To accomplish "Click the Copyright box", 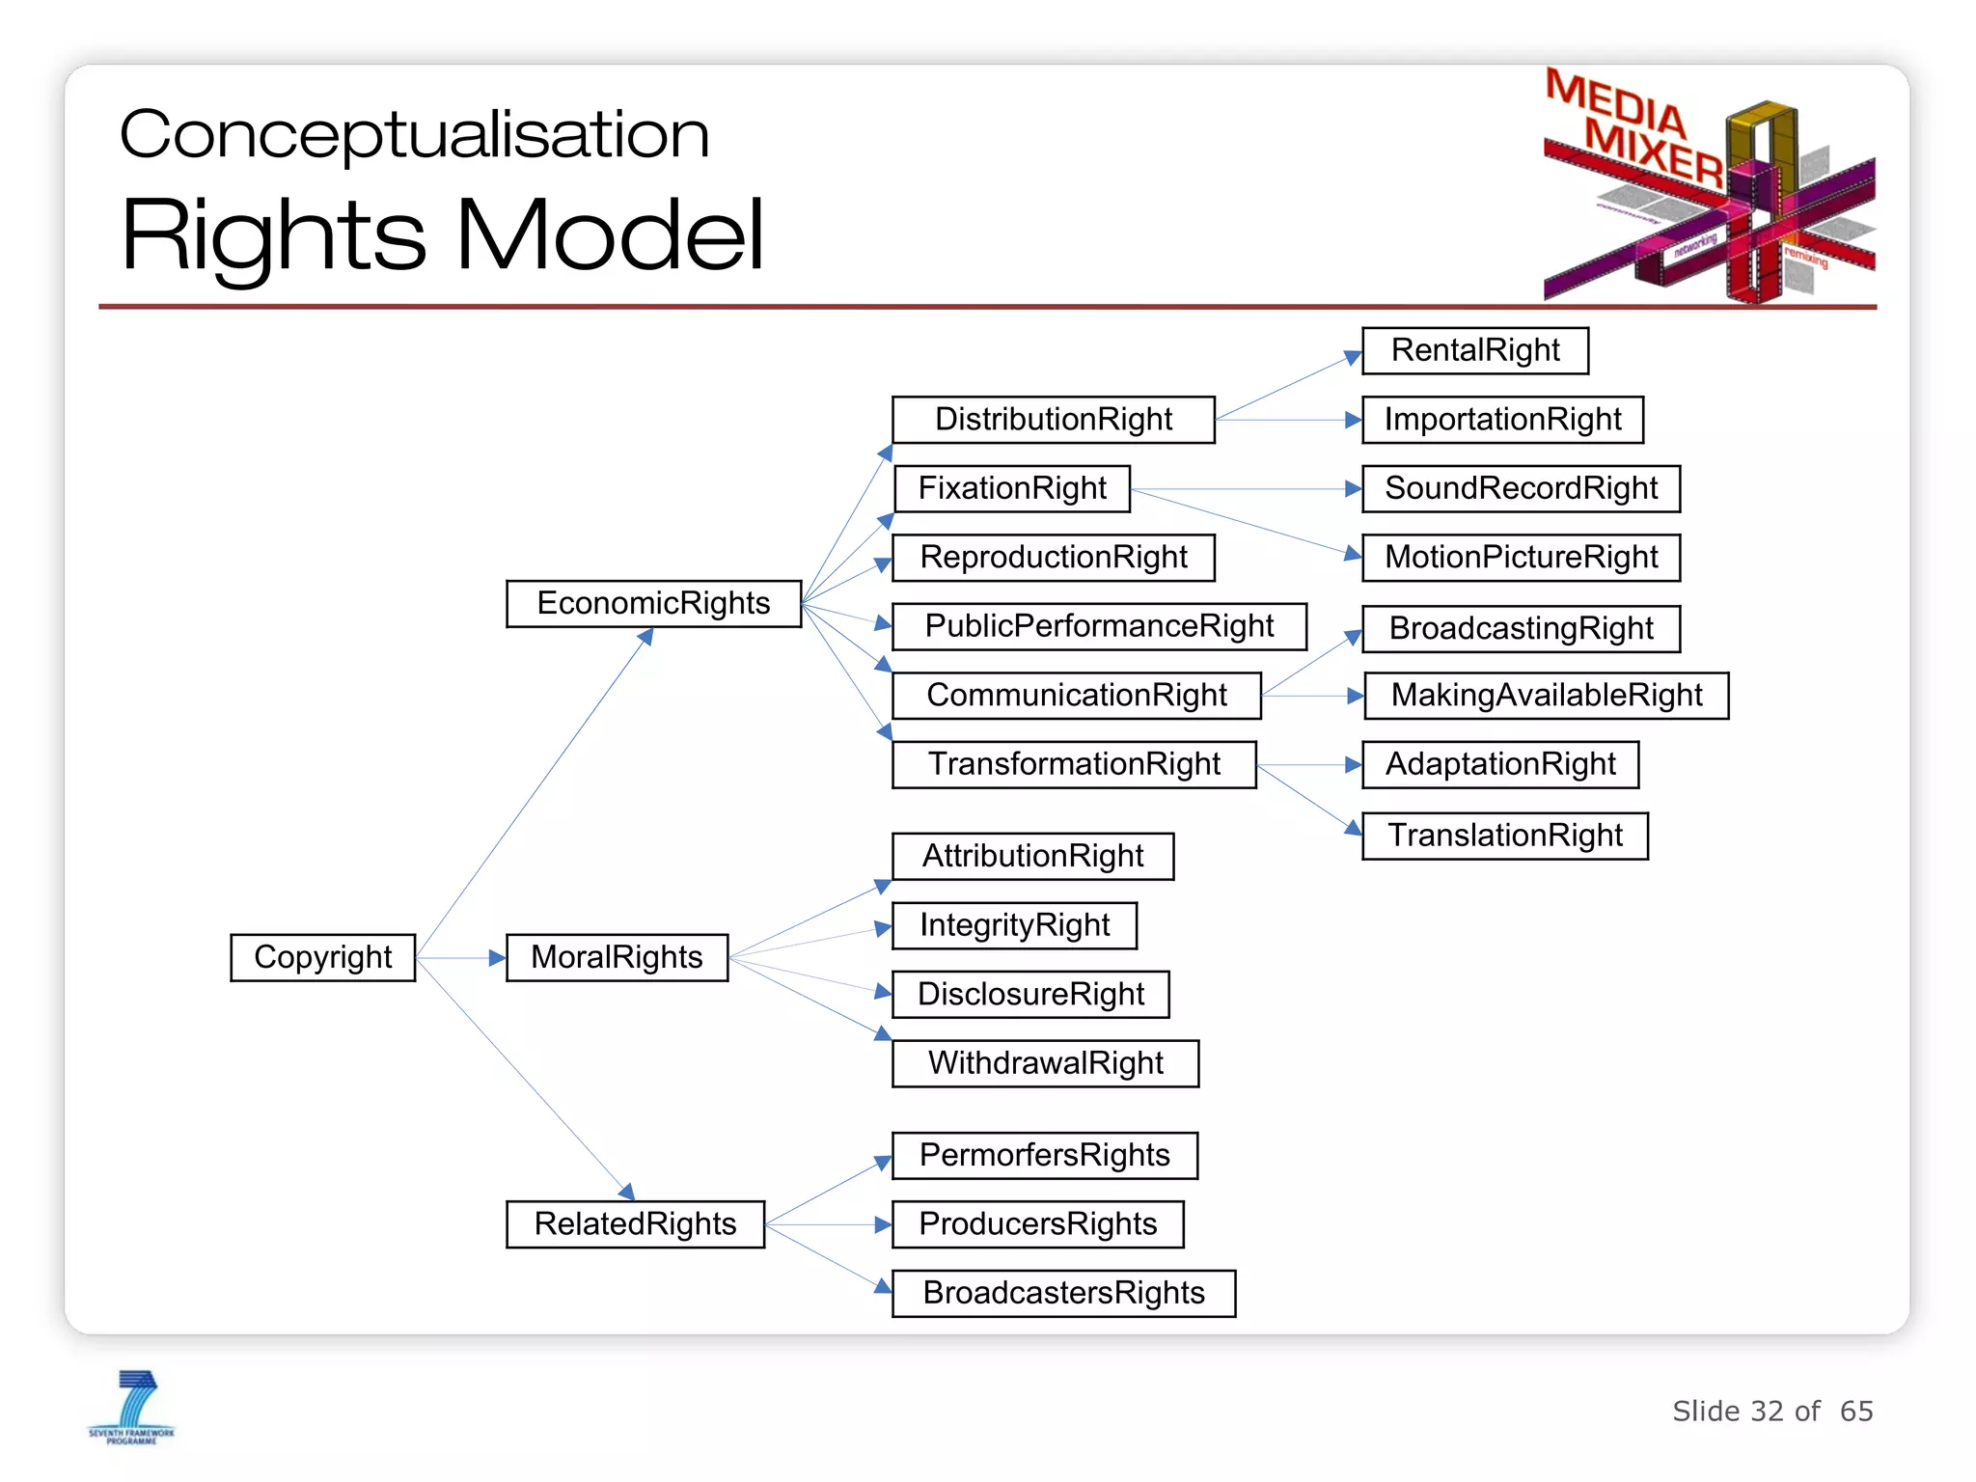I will [322, 957].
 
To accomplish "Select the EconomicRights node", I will [653, 603].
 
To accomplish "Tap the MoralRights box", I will [617, 957].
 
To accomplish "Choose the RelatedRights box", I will [635, 1223].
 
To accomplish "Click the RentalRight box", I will [1474, 350].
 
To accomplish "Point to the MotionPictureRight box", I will [1521, 558].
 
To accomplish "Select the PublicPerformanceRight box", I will [1099, 626].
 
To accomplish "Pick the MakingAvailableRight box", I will [1546, 696].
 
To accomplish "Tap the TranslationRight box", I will [1504, 836].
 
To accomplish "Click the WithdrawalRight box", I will [1045, 1063].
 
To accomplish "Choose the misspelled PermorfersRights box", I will [1044, 1155].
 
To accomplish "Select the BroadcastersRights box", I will [1063, 1293].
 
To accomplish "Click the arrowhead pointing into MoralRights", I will [497, 958].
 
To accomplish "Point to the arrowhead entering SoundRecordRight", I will [1353, 489].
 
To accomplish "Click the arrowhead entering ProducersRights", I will [882, 1224].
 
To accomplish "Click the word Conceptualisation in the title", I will [414, 134].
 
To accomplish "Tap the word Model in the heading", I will [610, 234].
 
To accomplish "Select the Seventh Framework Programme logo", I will [132, 1407].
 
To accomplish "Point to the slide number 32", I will [1767, 1412].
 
